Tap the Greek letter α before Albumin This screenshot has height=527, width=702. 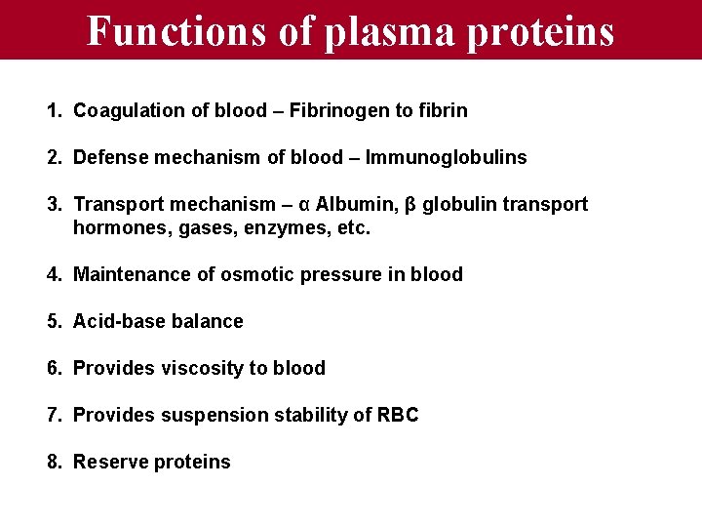(x=304, y=205)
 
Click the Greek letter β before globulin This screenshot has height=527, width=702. (x=409, y=205)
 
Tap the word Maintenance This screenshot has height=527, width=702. (x=132, y=275)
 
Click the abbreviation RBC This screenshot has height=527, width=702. (x=398, y=416)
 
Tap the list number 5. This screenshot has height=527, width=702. (x=53, y=322)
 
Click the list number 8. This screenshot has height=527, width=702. (x=53, y=463)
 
